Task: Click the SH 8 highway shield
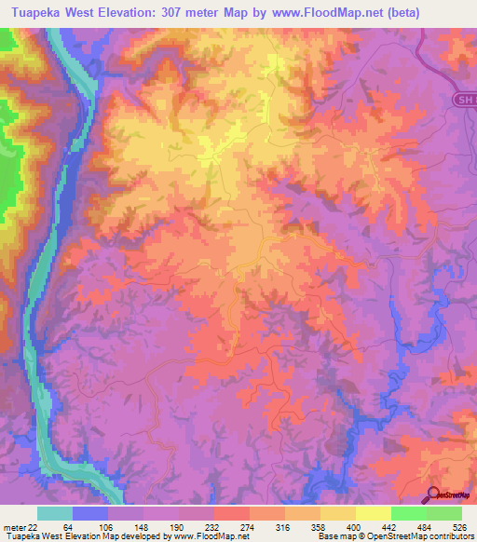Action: [466, 100]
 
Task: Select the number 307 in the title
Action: [196, 13]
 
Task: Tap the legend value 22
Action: [37, 526]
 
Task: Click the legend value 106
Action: [109, 526]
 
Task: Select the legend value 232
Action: [214, 526]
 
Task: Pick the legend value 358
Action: [320, 526]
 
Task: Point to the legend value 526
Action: [460, 526]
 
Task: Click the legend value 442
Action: [390, 526]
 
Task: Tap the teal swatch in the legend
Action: [55, 513]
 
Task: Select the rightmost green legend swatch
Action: [443, 513]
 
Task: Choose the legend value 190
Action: [179, 526]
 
